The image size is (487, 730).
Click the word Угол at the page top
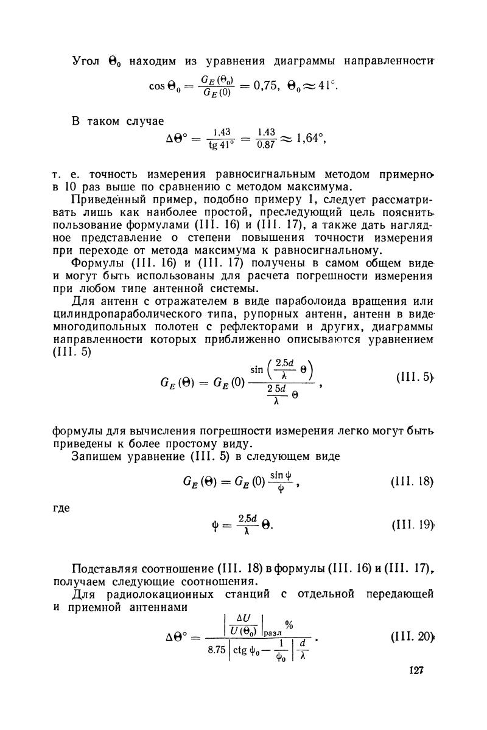point(86,62)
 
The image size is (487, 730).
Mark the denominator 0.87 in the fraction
point(266,150)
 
